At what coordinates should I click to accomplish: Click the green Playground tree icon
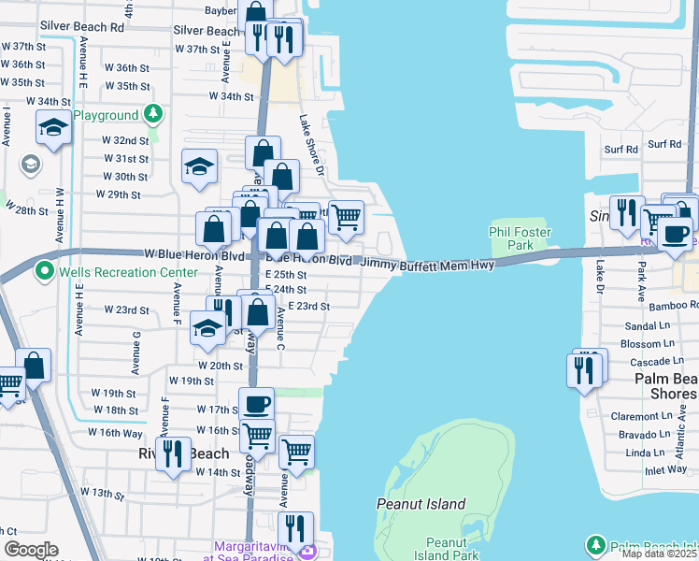pyautogui.click(x=153, y=115)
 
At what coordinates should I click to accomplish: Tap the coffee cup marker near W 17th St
pyautogui.click(x=257, y=404)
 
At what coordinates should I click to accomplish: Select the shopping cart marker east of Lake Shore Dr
pyautogui.click(x=346, y=217)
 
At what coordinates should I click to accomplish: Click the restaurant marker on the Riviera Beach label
pyautogui.click(x=173, y=453)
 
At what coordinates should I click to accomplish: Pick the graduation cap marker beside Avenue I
pyautogui.click(x=53, y=126)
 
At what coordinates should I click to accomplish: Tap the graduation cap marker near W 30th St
pyautogui.click(x=199, y=166)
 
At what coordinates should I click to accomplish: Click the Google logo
pyautogui.click(x=31, y=550)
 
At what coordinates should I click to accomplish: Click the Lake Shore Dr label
pyautogui.click(x=310, y=146)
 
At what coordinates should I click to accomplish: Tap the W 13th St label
pyautogui.click(x=102, y=492)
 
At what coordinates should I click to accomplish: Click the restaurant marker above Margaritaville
pyautogui.click(x=295, y=528)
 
